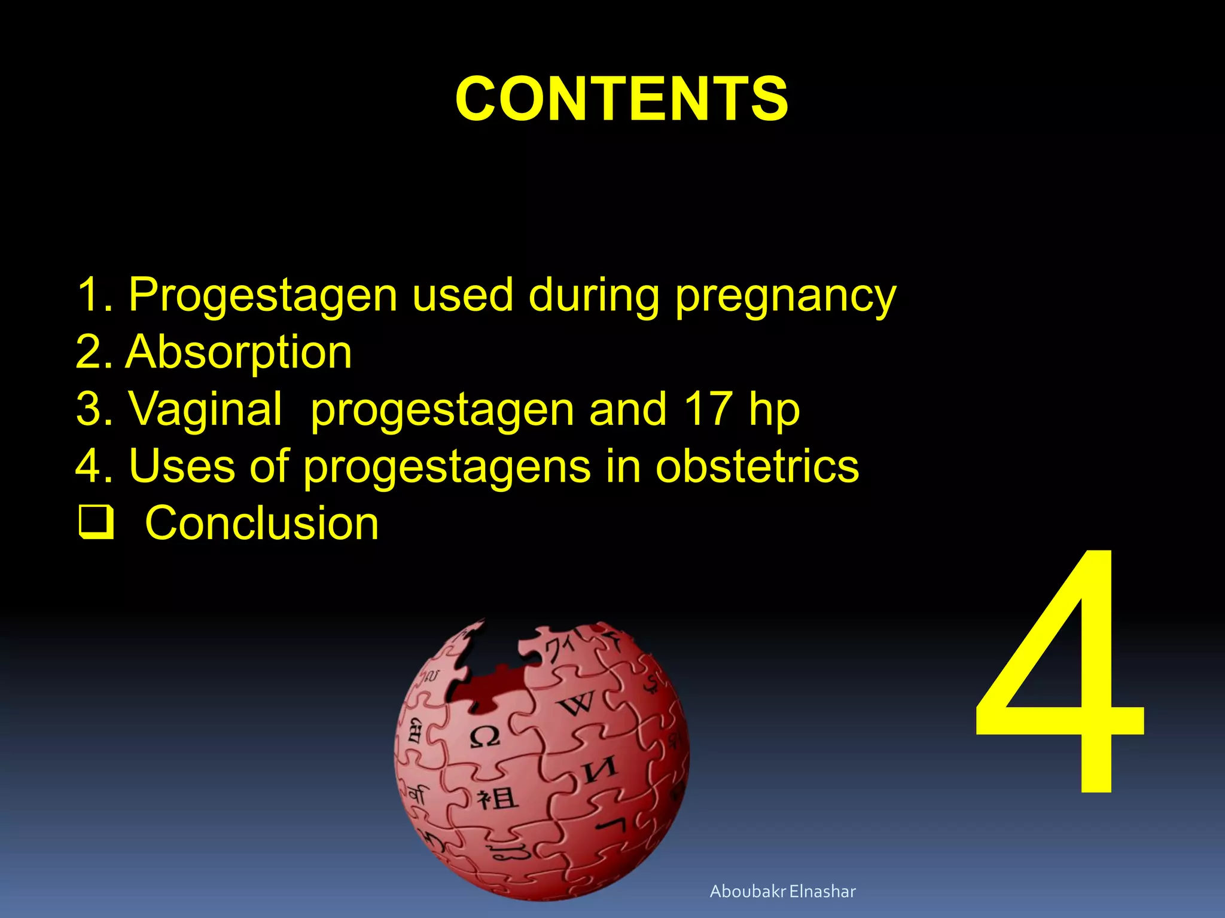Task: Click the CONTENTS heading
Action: click(x=621, y=99)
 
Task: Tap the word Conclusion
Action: click(x=262, y=523)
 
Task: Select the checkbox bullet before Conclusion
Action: click(x=96, y=522)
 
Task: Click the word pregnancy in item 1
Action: click(x=785, y=296)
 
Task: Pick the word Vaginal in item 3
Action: click(x=205, y=409)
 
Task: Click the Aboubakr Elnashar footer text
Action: click(x=782, y=891)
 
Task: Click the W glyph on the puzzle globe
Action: click(x=577, y=703)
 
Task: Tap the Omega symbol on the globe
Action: click(x=484, y=737)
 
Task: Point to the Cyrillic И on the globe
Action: click(x=600, y=770)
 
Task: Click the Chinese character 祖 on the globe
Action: click(x=497, y=798)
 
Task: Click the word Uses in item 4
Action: click(x=182, y=466)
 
